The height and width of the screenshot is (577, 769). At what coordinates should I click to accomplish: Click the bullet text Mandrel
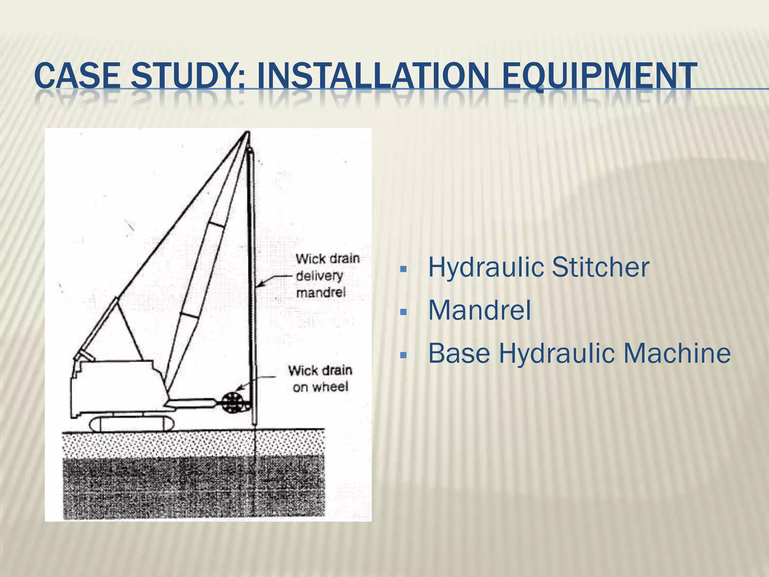click(x=479, y=310)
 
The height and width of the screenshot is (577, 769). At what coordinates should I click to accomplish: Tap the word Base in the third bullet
click(x=459, y=353)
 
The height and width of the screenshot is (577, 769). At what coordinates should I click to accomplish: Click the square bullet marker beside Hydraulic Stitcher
click(x=404, y=269)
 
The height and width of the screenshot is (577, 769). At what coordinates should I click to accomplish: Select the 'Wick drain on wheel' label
click(x=320, y=379)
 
